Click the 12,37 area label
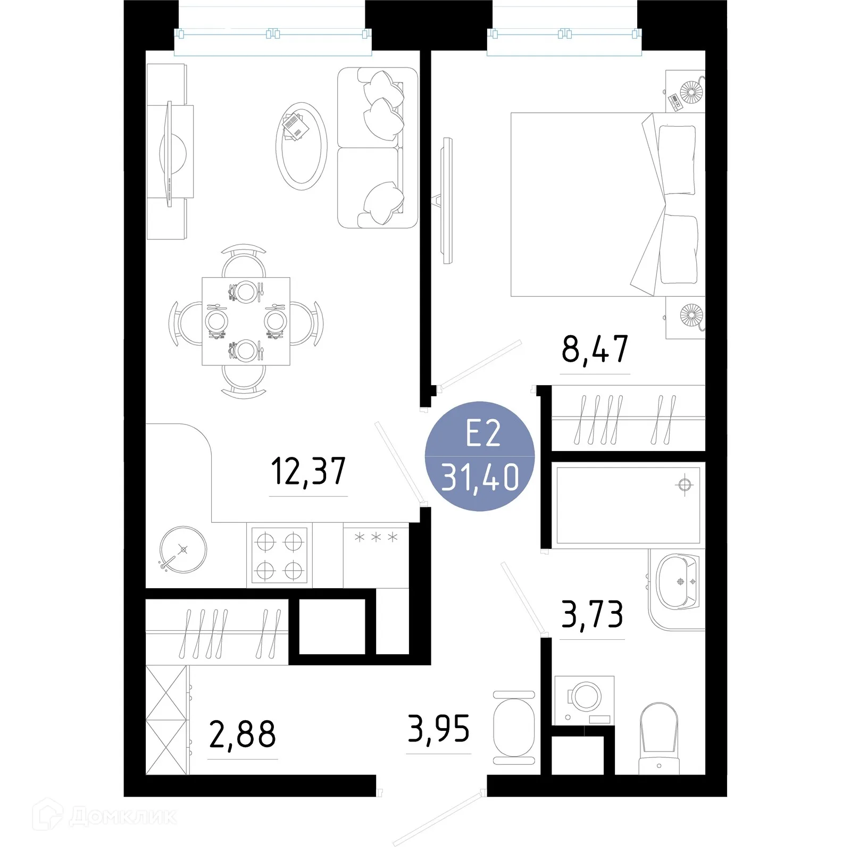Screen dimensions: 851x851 pos(308,471)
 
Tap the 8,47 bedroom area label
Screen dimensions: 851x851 pos(595,349)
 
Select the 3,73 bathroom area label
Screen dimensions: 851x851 pos(592,614)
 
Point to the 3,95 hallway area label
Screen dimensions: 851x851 pos(439,729)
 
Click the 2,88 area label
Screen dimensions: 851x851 pos(243,734)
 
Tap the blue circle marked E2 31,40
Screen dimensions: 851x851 pos(480,456)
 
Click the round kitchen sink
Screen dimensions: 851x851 pos(183,549)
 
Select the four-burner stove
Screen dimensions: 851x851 pos(279,555)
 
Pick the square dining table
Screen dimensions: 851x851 pos(246,321)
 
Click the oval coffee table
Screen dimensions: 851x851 pos(301,145)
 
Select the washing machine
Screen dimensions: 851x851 pos(584,700)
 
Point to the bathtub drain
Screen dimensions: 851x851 pos(685,485)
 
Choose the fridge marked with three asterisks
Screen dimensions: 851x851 pos(376,555)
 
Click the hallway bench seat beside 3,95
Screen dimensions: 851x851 pos(514,727)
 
